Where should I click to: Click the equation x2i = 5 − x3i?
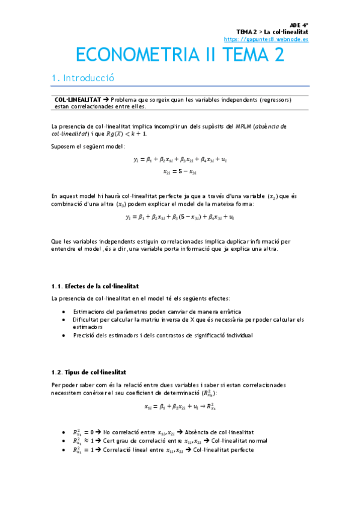point(180,171)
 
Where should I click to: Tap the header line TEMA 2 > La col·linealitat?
point(272,31)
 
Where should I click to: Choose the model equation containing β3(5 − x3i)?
point(180,217)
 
